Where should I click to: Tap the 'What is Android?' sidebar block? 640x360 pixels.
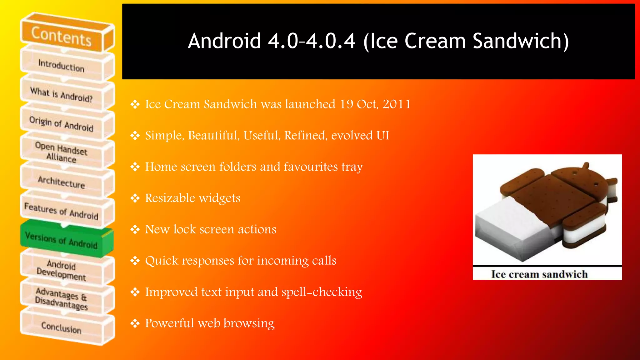click(x=61, y=94)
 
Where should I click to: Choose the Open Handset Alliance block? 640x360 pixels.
click(x=61, y=152)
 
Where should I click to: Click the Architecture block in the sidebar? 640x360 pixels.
click(x=61, y=182)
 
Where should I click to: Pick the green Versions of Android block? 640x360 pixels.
click(x=61, y=240)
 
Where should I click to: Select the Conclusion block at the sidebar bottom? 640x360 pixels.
click(x=61, y=327)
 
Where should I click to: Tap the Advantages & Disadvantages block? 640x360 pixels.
click(x=61, y=298)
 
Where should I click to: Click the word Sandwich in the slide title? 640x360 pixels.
click(x=520, y=41)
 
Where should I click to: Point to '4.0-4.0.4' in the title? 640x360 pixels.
click(x=311, y=41)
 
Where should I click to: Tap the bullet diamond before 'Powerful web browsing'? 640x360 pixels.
click(x=135, y=323)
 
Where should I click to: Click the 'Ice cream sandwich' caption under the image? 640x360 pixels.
click(x=539, y=274)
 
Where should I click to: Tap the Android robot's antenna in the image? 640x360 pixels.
click(x=586, y=166)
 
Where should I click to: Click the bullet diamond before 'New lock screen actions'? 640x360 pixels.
click(x=135, y=229)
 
